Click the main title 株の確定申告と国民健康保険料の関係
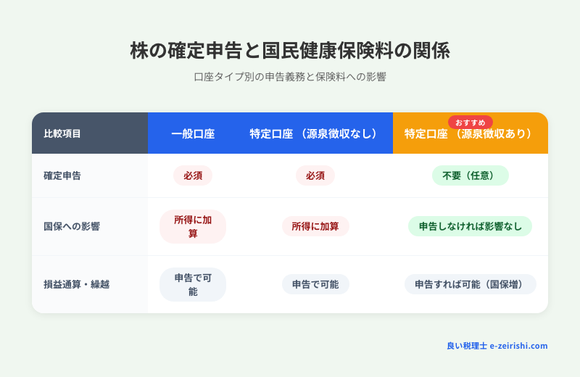[x=290, y=50]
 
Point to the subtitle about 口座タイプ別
[x=290, y=77]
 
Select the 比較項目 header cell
[x=62, y=133]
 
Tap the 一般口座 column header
[x=193, y=133]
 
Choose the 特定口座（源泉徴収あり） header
[x=469, y=134]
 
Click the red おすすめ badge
[x=470, y=122]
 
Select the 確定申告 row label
[x=62, y=175]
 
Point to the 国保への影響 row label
[x=72, y=226]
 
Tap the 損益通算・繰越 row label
[x=76, y=284]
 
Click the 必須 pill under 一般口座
[x=193, y=175]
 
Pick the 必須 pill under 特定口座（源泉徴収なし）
[x=315, y=175]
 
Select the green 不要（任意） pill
[x=470, y=175]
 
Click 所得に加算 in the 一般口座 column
[x=193, y=226]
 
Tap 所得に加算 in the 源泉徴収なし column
[x=315, y=226]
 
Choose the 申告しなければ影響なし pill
[x=470, y=226]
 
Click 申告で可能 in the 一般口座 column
[x=193, y=284]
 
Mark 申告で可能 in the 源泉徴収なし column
[x=315, y=284]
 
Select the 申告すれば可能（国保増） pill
[x=470, y=284]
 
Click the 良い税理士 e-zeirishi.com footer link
[x=497, y=346]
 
